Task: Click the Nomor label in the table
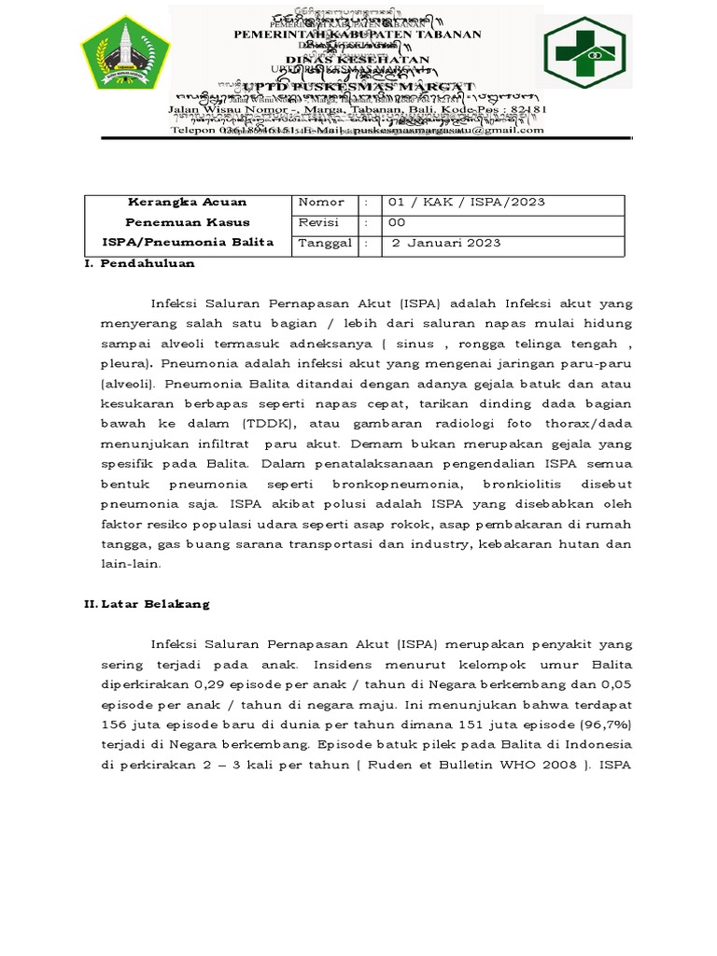tap(321, 203)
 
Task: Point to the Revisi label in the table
tap(318, 223)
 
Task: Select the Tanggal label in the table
tap(325, 243)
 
